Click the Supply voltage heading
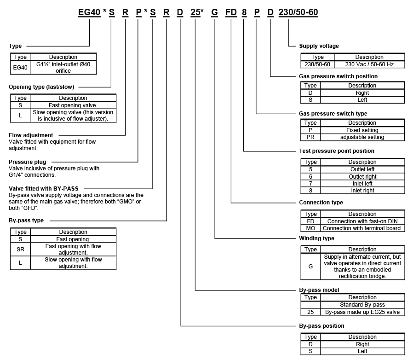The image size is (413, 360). click(x=319, y=46)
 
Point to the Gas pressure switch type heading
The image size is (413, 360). click(x=333, y=114)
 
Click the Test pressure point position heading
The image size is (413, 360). click(x=336, y=151)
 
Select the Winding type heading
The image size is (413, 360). click(x=316, y=238)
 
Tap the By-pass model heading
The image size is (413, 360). click(x=319, y=290)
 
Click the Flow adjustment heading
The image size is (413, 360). click(x=31, y=135)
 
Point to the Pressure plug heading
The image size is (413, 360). click(x=27, y=162)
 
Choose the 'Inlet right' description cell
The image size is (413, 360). click(x=362, y=191)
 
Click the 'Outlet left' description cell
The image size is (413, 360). click(x=362, y=169)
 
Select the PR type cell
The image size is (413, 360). click(x=310, y=137)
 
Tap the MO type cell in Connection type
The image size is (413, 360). click(x=310, y=228)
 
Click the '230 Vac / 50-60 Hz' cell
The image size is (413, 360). click(x=369, y=64)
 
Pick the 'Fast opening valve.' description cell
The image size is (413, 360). click(x=73, y=105)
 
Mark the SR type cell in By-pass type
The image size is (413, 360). click(x=20, y=249)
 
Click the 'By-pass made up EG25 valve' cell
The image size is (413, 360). click(x=362, y=312)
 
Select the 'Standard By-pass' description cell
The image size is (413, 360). click(x=362, y=305)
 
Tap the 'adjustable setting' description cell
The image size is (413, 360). click(x=362, y=137)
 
